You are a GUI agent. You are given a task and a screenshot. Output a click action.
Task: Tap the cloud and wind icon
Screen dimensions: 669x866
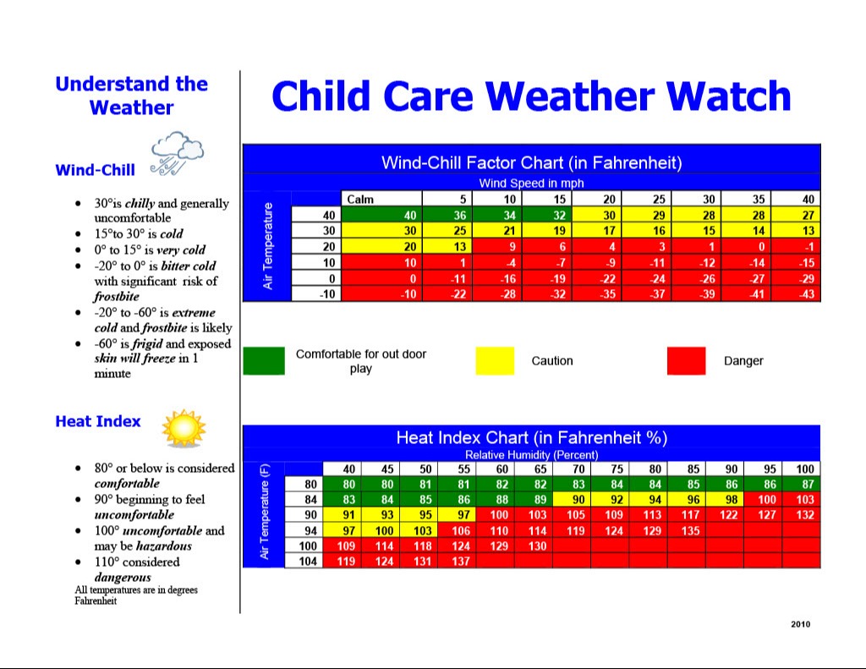(176, 154)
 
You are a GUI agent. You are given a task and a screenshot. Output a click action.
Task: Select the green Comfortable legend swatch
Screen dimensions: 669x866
(264, 360)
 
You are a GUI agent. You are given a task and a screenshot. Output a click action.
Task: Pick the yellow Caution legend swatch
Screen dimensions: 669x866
(495, 360)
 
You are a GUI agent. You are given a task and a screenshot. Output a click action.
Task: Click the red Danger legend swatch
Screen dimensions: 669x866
(686, 360)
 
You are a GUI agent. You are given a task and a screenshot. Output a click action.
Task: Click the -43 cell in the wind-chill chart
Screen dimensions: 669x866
(806, 293)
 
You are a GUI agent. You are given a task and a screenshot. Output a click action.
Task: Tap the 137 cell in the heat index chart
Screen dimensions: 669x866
(461, 561)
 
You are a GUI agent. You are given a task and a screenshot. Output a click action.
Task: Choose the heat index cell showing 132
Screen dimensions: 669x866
(805, 515)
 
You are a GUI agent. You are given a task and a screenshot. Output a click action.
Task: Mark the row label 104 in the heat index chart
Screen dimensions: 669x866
(310, 561)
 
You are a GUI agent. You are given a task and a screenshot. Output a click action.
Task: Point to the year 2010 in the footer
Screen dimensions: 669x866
(800, 624)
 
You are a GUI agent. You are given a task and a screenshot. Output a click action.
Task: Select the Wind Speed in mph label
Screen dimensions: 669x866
(531, 183)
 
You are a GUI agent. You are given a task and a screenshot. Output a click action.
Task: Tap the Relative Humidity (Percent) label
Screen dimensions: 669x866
(531, 455)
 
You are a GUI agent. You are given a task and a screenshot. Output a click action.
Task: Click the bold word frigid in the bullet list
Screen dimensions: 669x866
(147, 343)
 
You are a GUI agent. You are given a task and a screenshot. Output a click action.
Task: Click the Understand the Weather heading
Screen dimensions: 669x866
(131, 96)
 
